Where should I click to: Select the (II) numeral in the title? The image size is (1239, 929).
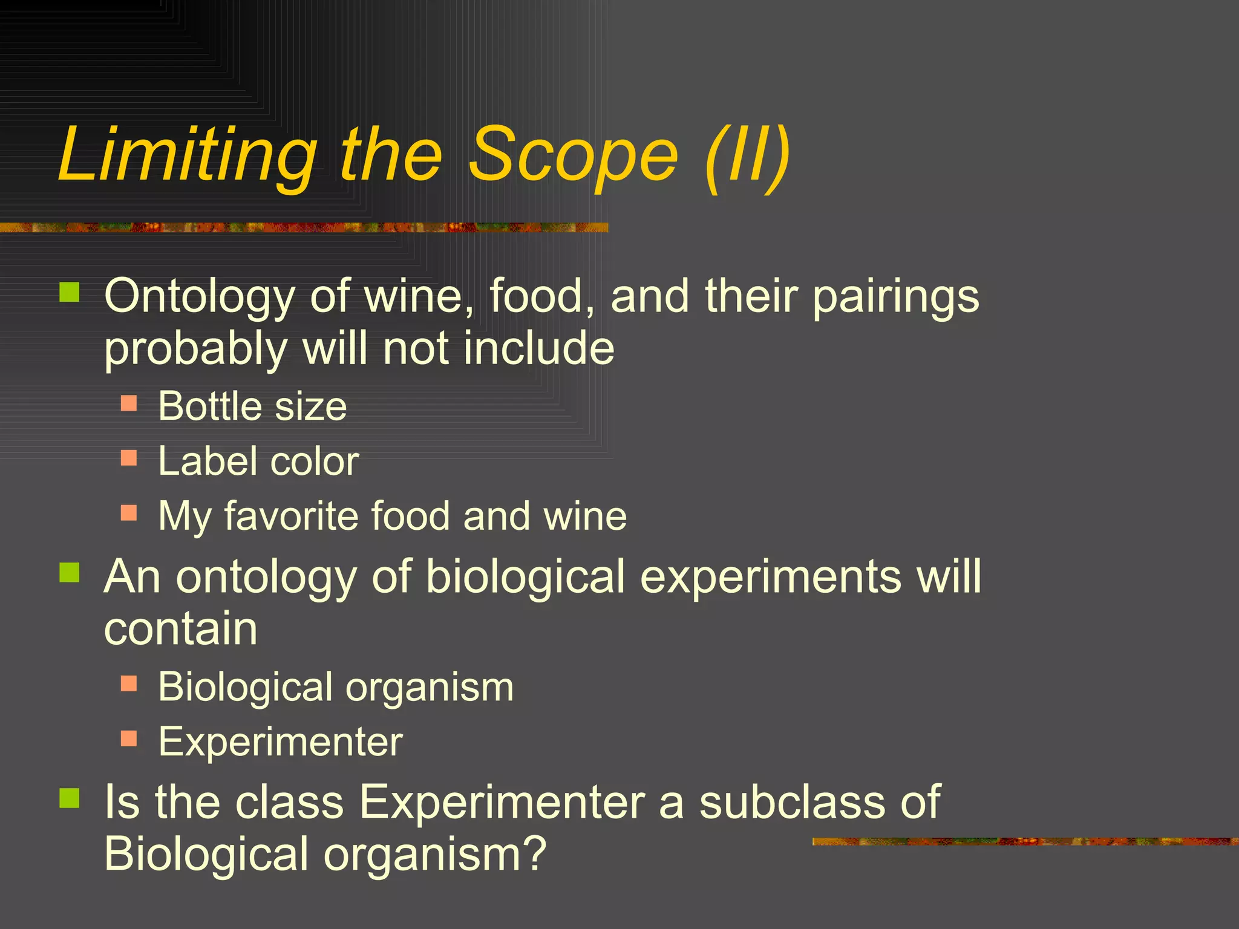click(x=748, y=155)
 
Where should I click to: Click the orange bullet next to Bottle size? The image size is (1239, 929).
click(x=129, y=403)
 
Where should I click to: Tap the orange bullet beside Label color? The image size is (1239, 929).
click(x=129, y=457)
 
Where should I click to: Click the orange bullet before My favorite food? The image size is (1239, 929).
click(x=129, y=513)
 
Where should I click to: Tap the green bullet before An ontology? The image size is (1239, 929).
click(x=70, y=572)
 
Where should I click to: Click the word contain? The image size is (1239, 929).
click(x=181, y=629)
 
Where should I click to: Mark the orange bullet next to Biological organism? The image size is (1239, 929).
click(x=129, y=683)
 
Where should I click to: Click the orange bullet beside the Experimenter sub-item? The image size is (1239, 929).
click(x=129, y=738)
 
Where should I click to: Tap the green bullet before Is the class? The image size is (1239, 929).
click(x=70, y=798)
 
